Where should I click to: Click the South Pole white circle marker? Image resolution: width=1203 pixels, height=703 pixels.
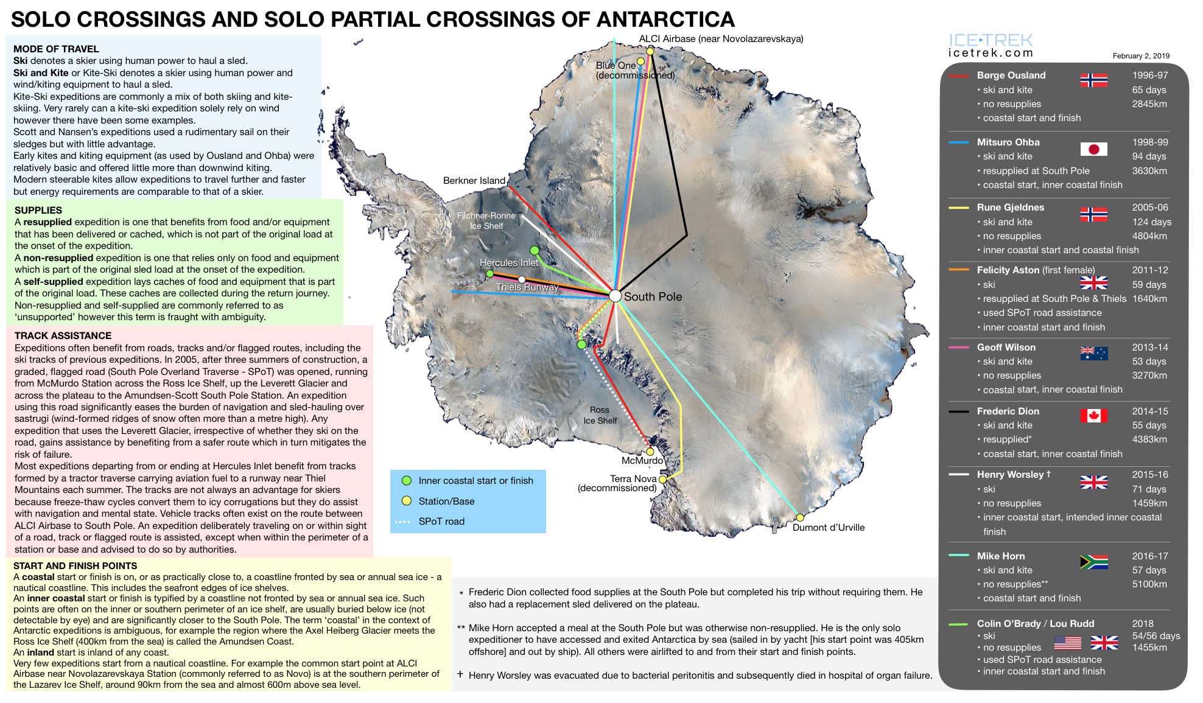point(615,296)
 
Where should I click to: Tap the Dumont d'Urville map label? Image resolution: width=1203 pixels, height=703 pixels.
point(828,528)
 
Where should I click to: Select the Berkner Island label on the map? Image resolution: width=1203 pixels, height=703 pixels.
point(474,181)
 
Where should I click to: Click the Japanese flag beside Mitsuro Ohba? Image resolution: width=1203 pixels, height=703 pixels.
point(1093,149)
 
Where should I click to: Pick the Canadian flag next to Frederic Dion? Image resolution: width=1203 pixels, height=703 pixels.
point(1093,416)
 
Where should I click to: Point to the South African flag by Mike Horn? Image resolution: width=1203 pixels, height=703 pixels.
point(1093,562)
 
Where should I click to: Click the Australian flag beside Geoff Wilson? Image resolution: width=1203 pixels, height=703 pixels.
point(1093,353)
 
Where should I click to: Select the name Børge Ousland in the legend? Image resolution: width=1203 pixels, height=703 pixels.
point(1011,75)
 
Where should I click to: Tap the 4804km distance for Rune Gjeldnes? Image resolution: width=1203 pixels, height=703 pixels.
point(1149,236)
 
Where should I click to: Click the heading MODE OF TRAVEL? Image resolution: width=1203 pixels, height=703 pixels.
point(56,49)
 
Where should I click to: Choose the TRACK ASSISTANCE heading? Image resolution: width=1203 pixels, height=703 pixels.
point(63,336)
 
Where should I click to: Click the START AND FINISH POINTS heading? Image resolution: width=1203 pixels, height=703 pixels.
point(75,566)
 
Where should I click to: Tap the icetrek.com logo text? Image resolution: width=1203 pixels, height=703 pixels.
point(991,53)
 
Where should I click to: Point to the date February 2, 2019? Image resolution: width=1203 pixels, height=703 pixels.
point(1141,56)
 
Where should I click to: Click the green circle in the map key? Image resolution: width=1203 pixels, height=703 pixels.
point(407,481)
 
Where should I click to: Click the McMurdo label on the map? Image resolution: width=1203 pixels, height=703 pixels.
point(642,461)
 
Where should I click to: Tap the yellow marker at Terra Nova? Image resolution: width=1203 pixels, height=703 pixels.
point(662,480)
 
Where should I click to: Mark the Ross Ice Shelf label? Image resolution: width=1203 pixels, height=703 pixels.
point(600,415)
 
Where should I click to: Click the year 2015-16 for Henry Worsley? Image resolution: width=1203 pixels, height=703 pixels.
point(1149,475)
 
